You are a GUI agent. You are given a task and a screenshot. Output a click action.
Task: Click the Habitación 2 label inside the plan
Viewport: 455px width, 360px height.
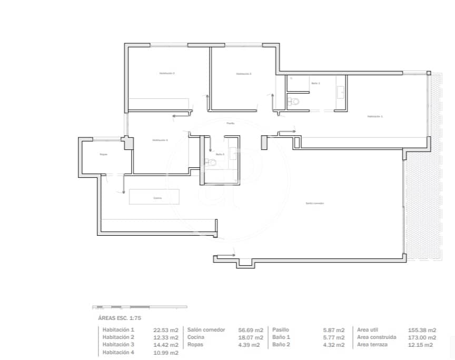click(x=167, y=73)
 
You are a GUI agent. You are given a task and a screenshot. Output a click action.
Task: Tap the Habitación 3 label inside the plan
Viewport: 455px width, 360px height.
click(x=243, y=74)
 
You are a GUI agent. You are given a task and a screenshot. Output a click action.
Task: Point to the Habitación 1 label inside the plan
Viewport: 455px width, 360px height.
click(x=375, y=116)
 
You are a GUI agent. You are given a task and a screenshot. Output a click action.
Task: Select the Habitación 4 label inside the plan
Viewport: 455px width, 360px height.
click(x=160, y=140)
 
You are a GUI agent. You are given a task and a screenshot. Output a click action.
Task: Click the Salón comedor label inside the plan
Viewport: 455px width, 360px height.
click(x=314, y=203)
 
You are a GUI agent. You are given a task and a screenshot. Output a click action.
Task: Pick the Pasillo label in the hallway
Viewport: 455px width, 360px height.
click(x=230, y=123)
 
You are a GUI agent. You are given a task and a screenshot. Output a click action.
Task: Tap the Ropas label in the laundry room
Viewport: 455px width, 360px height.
click(x=104, y=154)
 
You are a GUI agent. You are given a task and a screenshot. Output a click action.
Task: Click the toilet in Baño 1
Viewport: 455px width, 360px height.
click(x=294, y=101)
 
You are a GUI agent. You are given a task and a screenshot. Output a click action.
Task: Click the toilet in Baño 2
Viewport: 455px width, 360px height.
click(x=212, y=163)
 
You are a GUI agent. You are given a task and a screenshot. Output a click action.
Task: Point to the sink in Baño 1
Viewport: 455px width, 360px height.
click(x=340, y=93)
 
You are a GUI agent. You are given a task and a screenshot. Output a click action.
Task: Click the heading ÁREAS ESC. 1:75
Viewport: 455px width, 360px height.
click(x=120, y=318)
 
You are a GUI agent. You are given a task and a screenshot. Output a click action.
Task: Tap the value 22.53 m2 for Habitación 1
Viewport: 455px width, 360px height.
click(x=166, y=330)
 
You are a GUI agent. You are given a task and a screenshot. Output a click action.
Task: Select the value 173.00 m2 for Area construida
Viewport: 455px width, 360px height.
click(x=422, y=337)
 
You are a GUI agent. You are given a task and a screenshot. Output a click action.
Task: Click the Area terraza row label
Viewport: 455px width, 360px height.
click(x=373, y=345)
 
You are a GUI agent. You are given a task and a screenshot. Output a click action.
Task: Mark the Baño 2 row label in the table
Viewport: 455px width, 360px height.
click(x=282, y=345)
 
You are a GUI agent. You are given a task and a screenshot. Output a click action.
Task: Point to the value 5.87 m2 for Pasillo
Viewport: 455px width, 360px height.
click(x=334, y=330)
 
